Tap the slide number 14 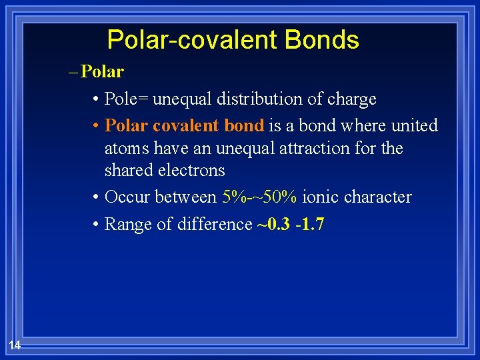click(x=15, y=345)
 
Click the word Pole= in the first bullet click(x=127, y=99)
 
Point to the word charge click(x=351, y=99)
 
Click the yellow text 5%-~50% click(x=260, y=197)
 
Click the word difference click(x=215, y=225)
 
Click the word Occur click(x=128, y=197)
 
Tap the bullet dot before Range click(x=97, y=225)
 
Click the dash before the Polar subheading click(x=73, y=72)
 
